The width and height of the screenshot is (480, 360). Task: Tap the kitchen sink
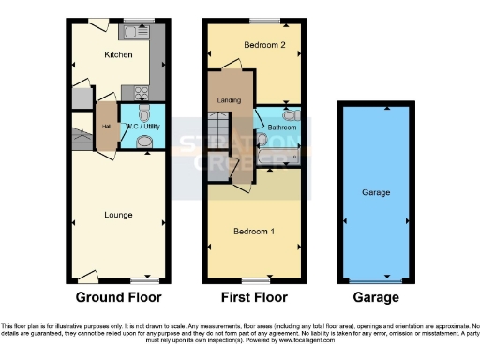coord(142,30)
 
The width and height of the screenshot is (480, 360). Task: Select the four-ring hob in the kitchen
coord(143,91)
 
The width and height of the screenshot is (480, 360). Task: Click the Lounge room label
coord(117,215)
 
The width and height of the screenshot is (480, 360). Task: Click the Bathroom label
coord(280,127)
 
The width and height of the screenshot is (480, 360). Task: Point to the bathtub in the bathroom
coord(282,155)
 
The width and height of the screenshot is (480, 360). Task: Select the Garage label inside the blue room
coord(376,192)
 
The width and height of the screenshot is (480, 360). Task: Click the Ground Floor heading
coord(118,297)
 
